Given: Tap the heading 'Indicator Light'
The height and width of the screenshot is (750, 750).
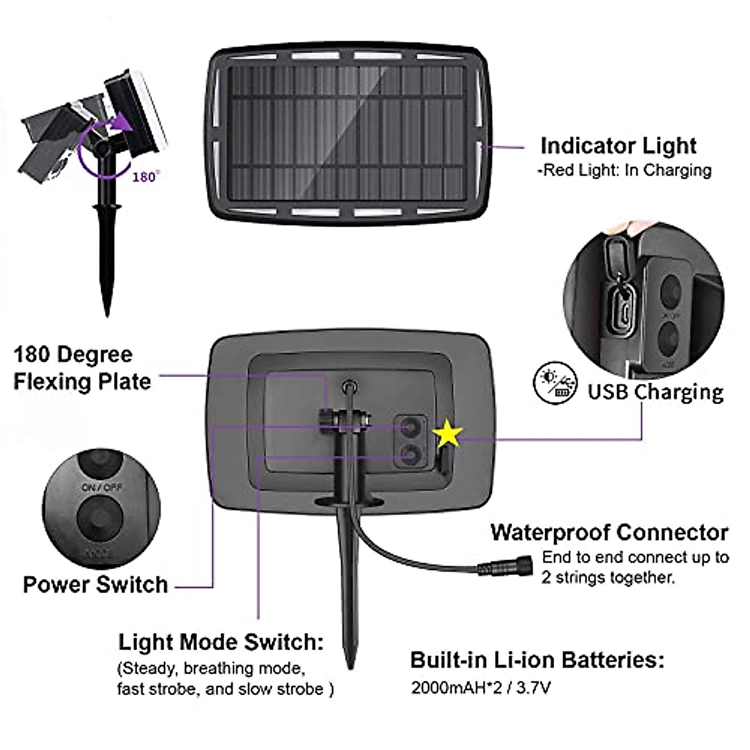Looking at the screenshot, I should (x=617, y=146).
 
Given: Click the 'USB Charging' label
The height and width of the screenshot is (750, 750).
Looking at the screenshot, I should (x=655, y=392).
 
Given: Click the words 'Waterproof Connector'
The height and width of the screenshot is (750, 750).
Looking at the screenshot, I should (x=609, y=532).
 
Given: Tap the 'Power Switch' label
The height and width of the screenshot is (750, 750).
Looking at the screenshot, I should (x=96, y=584).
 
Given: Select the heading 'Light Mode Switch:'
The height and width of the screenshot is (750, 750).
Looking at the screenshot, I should (x=221, y=642).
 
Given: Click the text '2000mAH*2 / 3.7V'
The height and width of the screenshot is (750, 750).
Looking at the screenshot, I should (x=481, y=688).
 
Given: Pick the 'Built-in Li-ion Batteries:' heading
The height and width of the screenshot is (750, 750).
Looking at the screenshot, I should (x=537, y=660).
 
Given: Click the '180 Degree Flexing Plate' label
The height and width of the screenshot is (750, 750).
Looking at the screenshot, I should (x=82, y=368).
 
